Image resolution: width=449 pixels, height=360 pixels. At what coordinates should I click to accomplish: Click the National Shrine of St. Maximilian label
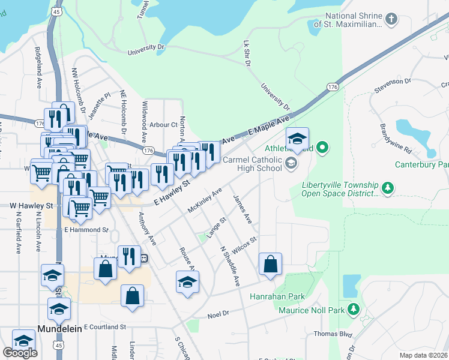(x=353, y=20)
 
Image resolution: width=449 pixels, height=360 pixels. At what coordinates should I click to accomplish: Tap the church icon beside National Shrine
(x=391, y=19)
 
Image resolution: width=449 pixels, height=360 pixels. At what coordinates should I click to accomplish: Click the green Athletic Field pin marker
(x=322, y=146)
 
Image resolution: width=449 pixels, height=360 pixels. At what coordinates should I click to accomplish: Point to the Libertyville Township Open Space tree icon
(x=388, y=188)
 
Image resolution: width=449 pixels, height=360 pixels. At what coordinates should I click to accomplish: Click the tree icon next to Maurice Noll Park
(x=354, y=310)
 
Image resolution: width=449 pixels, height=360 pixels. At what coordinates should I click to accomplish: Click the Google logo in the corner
(x=20, y=353)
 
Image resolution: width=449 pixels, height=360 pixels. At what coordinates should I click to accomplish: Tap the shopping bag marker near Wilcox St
(x=270, y=263)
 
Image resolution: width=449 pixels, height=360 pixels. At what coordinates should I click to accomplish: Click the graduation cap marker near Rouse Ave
(x=187, y=281)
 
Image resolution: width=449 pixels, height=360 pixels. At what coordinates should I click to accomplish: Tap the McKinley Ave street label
(x=205, y=199)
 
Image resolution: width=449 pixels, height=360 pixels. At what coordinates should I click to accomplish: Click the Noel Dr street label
(x=218, y=314)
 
